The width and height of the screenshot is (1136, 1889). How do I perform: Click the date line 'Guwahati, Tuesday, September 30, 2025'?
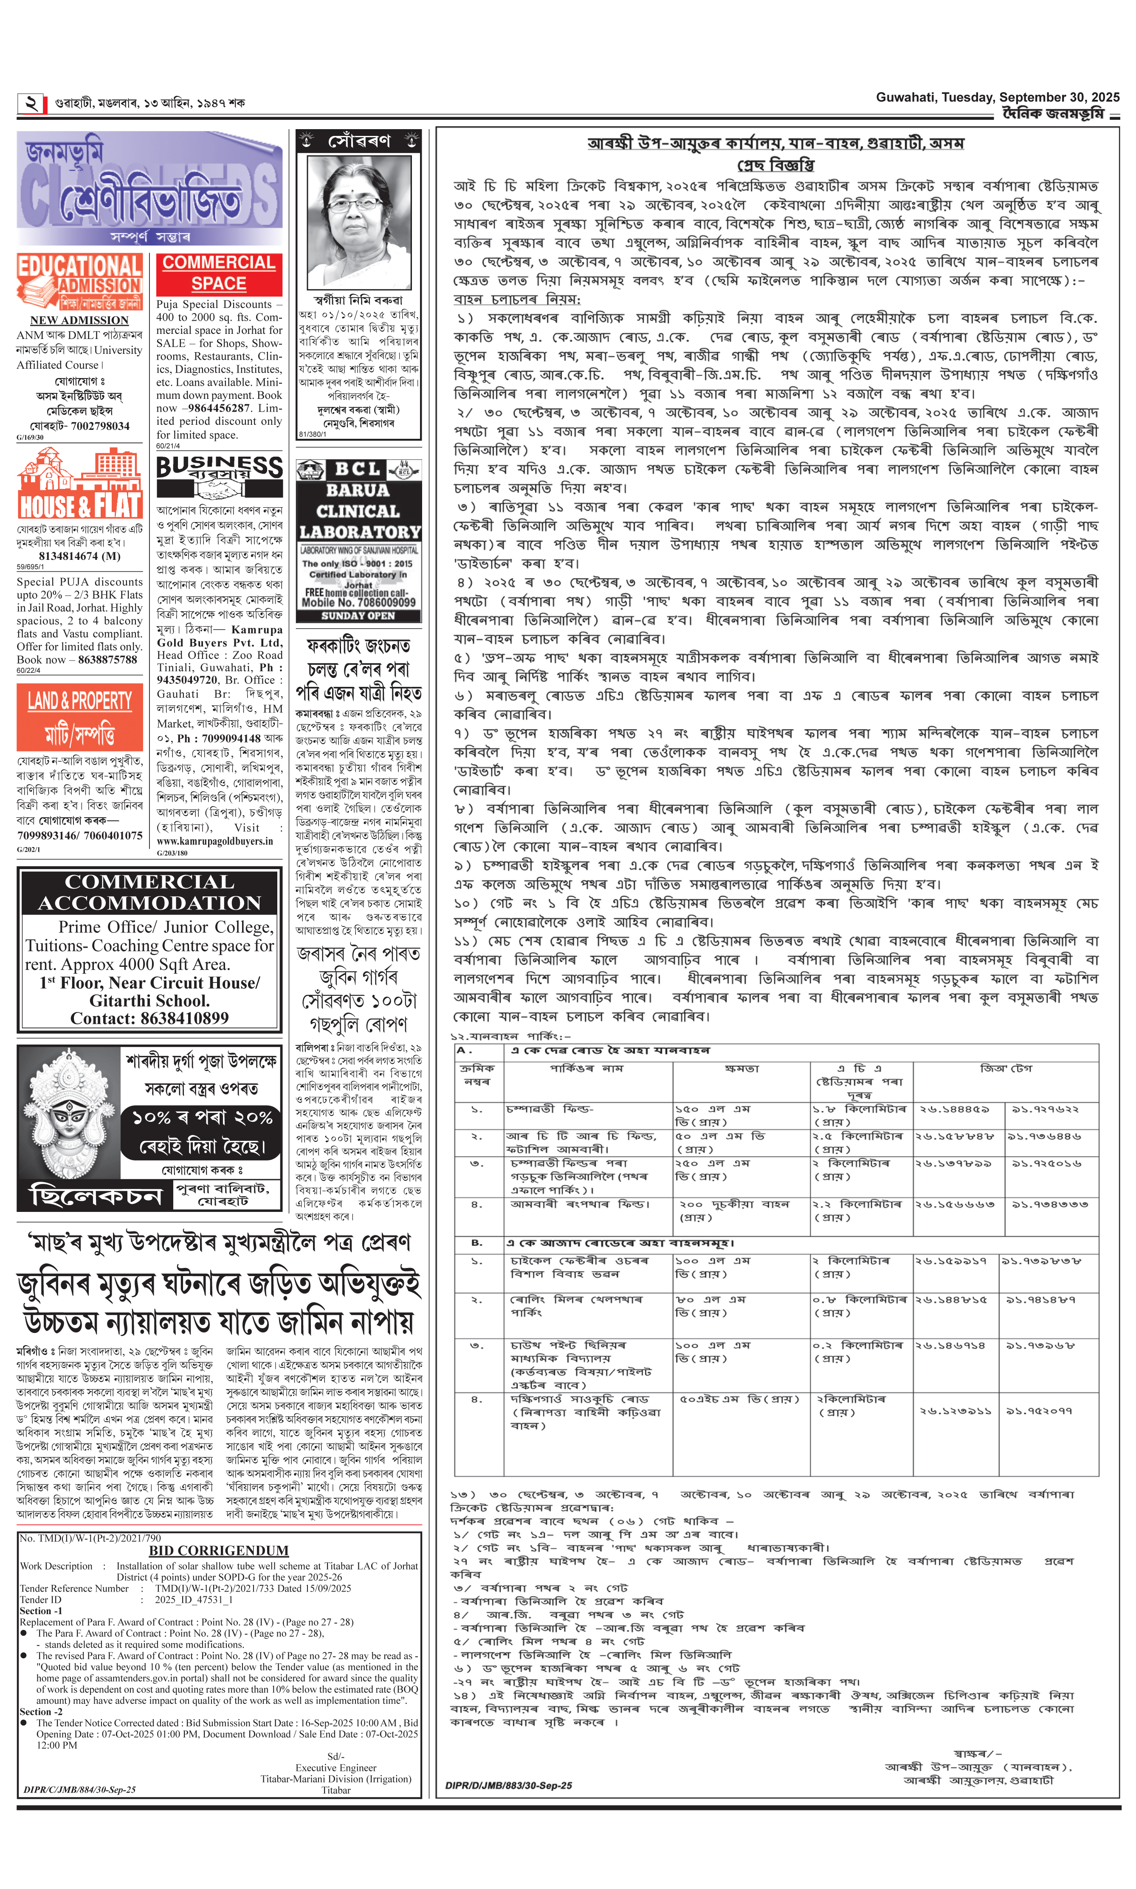[x=997, y=97]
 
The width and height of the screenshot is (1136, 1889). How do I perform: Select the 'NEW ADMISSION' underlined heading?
[x=79, y=320]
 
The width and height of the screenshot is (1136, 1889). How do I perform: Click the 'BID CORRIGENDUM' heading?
[x=218, y=1550]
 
